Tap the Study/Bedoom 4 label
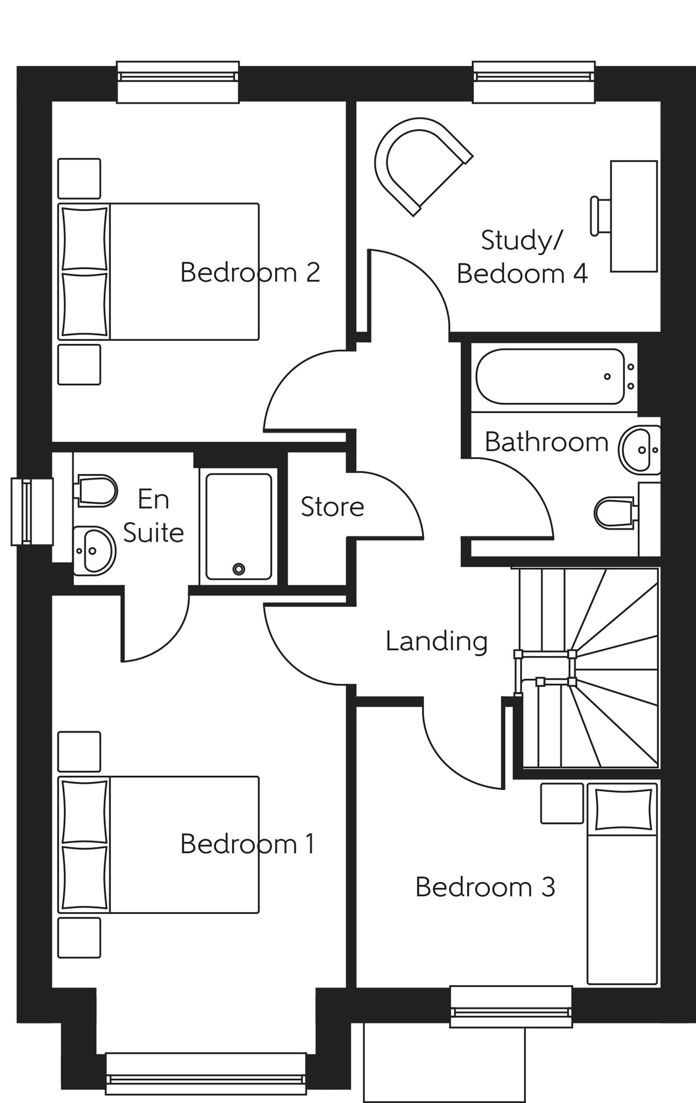click(522, 257)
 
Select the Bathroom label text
click(546, 442)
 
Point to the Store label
click(332, 507)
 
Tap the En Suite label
click(153, 516)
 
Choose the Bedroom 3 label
click(485, 887)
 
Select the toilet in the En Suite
click(95, 491)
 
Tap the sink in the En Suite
click(94, 551)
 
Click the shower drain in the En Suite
click(239, 569)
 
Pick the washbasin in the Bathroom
click(639, 449)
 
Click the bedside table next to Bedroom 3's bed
click(562, 804)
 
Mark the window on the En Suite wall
click(32, 512)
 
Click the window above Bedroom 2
click(178, 82)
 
